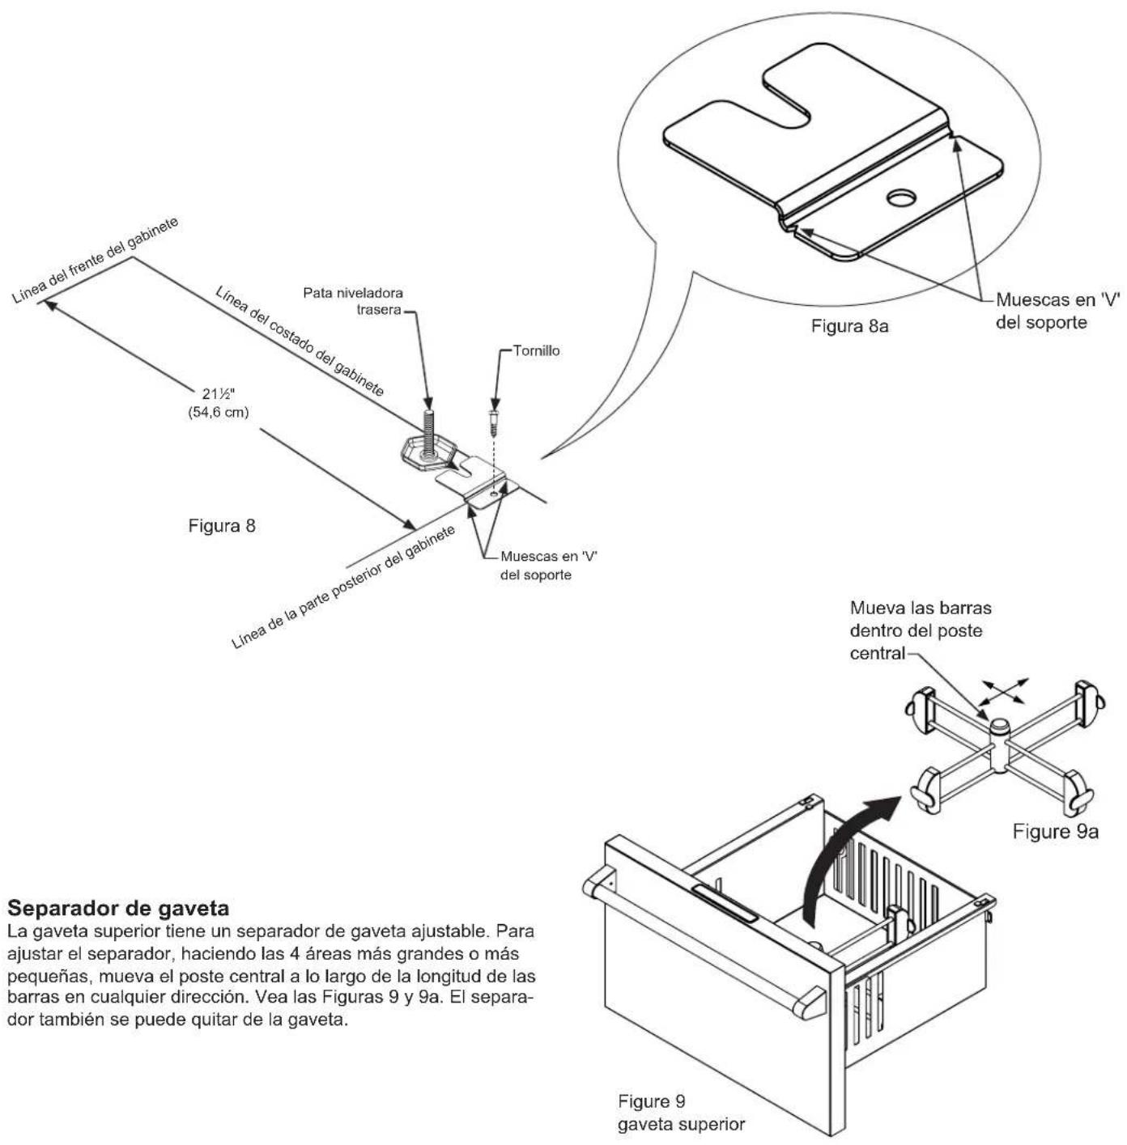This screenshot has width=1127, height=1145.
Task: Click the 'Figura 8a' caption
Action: pos(849,326)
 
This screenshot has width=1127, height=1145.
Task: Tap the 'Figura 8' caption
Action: pos(222,525)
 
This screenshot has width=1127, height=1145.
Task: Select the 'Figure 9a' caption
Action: pos(1056,831)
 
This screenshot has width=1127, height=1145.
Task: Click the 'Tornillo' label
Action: pos(537,350)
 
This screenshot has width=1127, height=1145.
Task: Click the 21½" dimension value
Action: pos(219,394)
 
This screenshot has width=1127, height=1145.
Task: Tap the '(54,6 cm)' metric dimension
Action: pos(219,412)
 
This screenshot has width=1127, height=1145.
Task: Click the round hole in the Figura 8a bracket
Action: pos(902,197)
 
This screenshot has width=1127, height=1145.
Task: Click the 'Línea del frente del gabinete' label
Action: pos(96,261)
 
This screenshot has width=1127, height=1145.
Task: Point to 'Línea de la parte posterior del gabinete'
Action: pos(343,587)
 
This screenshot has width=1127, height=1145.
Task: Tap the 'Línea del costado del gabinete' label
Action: pos(300,341)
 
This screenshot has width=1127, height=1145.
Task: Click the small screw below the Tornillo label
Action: pos(494,421)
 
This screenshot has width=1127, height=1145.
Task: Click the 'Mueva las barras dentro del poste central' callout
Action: pos(921,631)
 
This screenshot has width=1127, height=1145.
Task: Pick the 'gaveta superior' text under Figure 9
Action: pos(682,1125)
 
